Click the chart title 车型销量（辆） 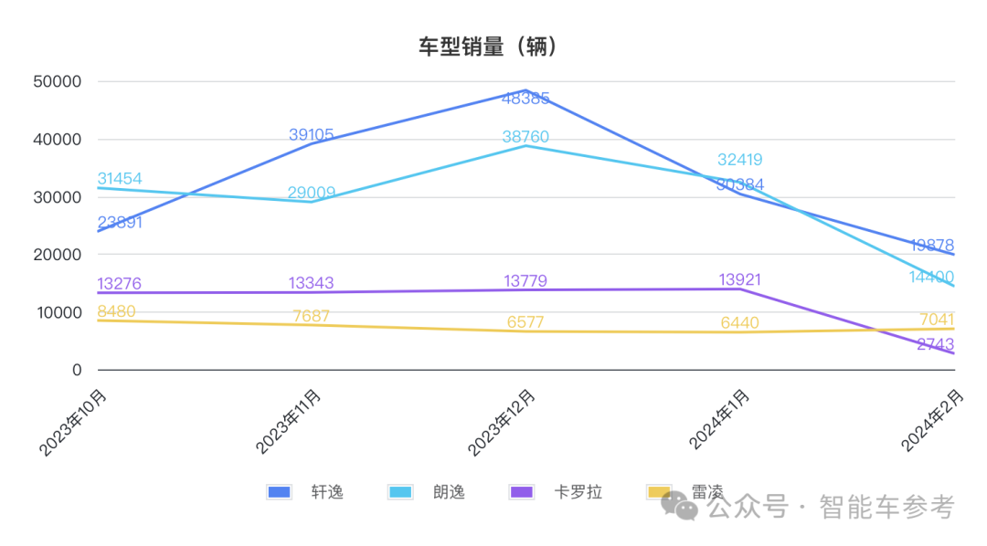pos(488,47)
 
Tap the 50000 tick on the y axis pos(57,81)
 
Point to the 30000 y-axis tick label pos(57,197)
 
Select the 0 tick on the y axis pos(77,370)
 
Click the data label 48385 pos(525,98)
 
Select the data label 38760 pos(525,137)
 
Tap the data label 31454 pos(119,179)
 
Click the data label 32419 pos(739,161)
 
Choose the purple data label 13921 pos(739,279)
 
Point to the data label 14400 pos(932,277)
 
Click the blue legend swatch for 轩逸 pos(279,492)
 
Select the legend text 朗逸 pos(449,492)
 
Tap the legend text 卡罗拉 pos(578,492)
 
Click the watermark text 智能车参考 pos(886,506)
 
